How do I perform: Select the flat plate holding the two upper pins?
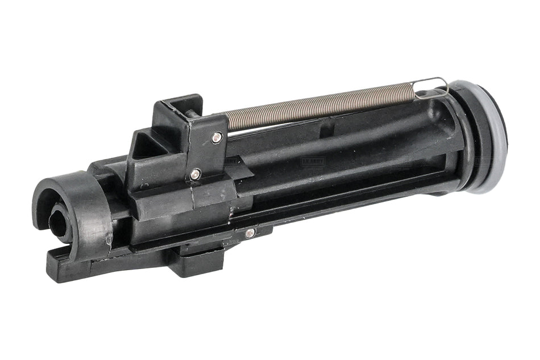point(205,151)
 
